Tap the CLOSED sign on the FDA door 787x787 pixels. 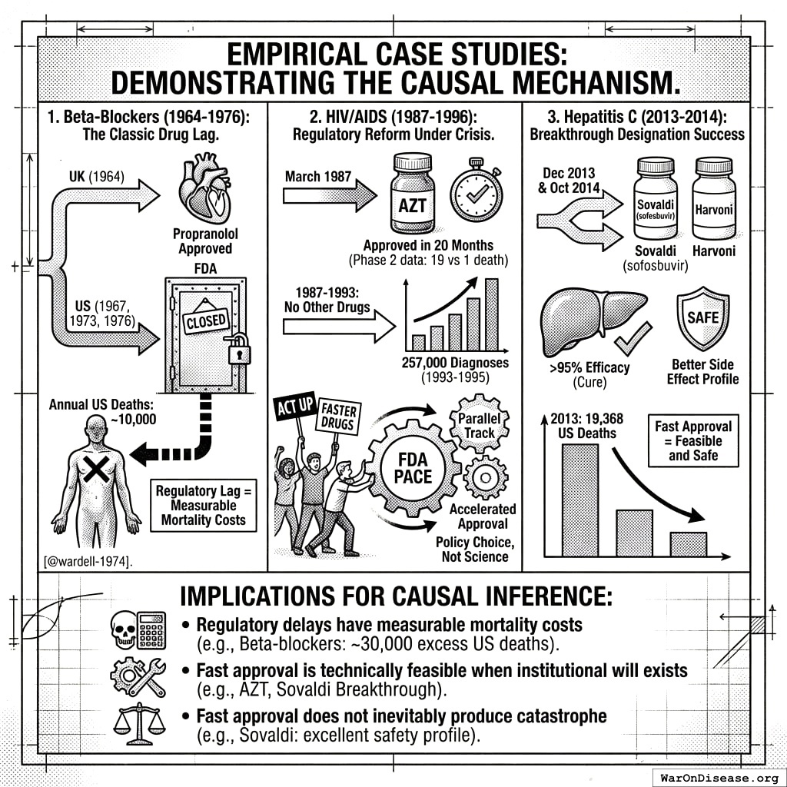coord(206,319)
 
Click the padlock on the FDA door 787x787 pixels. coord(241,350)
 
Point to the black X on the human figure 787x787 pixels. coord(96,469)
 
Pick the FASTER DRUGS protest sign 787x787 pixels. coord(337,417)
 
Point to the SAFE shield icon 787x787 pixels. coord(702,317)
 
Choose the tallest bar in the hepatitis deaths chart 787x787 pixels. coord(580,500)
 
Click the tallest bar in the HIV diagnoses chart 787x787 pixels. coord(491,314)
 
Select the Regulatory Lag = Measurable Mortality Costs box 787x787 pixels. coord(204,505)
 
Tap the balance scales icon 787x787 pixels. coord(138,726)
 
